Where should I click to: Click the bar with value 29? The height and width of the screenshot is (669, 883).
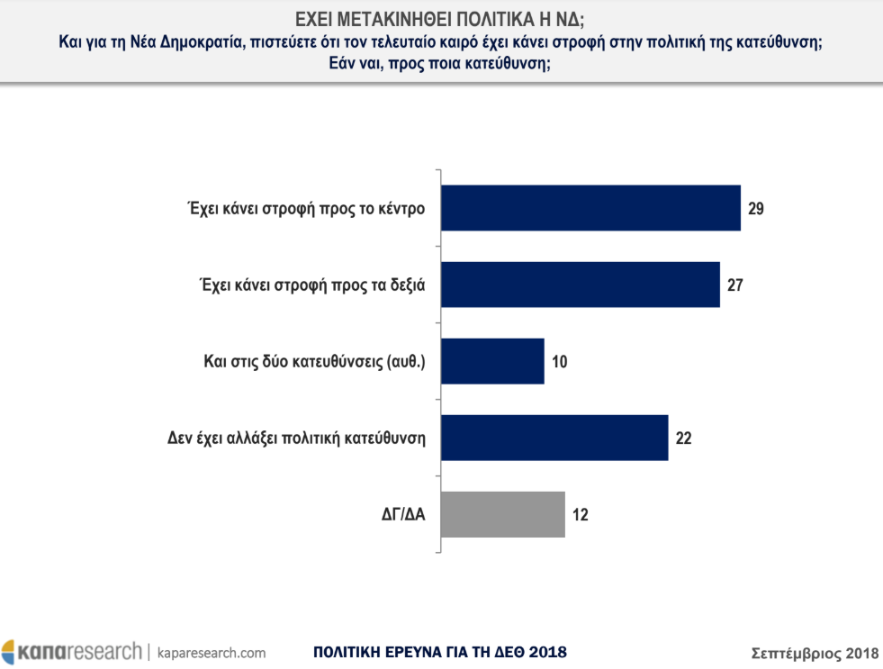click(x=591, y=208)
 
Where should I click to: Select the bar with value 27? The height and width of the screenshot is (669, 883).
click(x=581, y=285)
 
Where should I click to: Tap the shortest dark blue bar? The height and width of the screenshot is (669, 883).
click(x=494, y=361)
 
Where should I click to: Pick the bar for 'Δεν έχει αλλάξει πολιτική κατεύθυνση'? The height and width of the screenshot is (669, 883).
click(x=555, y=438)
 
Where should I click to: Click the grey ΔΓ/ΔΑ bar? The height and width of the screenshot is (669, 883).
click(x=504, y=514)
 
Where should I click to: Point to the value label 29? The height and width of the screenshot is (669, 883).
click(x=755, y=208)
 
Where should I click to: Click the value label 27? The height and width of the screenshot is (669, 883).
click(x=734, y=285)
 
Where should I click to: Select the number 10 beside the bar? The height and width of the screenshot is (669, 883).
click(x=559, y=361)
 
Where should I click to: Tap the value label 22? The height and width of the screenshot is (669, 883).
click(x=683, y=438)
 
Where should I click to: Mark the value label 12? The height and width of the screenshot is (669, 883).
click(x=580, y=514)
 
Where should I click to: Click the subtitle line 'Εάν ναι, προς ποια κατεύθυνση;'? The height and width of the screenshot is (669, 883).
click(x=441, y=64)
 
